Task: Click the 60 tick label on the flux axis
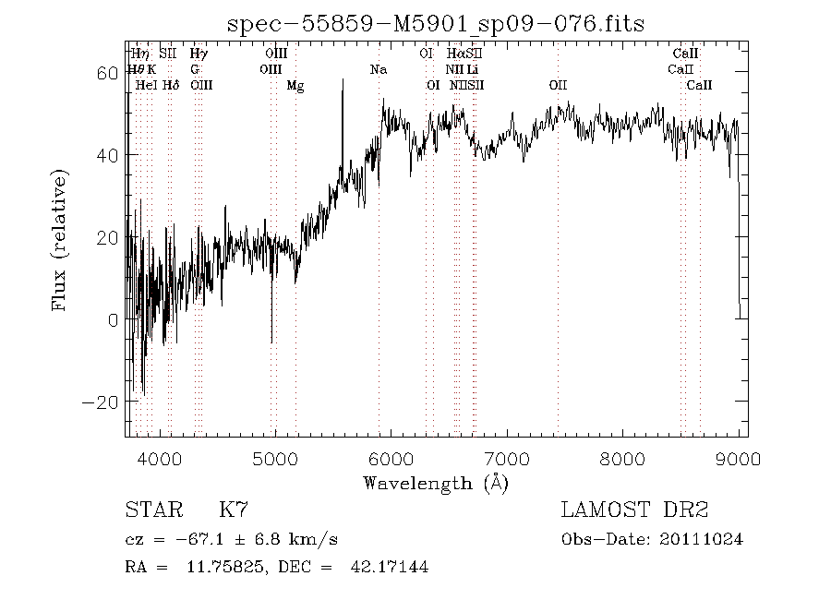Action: coord(107,73)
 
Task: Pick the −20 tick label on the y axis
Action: coord(102,402)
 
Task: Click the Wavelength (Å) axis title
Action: coord(436,483)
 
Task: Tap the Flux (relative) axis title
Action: coord(61,239)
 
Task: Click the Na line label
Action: coord(378,70)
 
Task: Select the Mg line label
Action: coord(295,86)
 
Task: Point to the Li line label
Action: coord(473,70)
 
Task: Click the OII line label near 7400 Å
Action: coord(558,86)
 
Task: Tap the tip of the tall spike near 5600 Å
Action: coord(343,80)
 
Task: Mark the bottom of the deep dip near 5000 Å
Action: coord(271,342)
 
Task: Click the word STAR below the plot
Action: coord(149,510)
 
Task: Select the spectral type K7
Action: coord(233,510)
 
